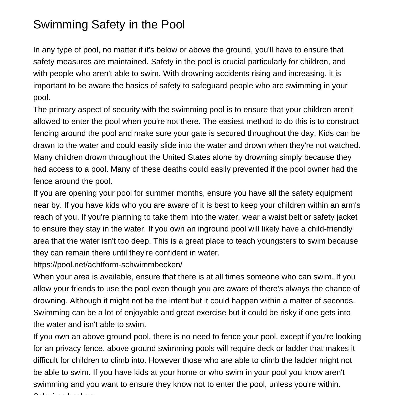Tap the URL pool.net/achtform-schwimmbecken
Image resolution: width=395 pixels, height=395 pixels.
[107, 265]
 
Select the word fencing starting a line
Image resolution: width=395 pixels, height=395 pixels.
[46, 133]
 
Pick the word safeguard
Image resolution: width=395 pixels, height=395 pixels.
[209, 86]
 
